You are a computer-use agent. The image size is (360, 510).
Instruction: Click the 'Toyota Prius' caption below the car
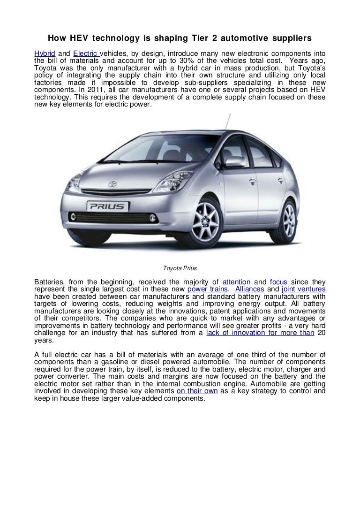point(180,269)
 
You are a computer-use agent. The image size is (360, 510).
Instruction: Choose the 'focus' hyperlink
point(280,282)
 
